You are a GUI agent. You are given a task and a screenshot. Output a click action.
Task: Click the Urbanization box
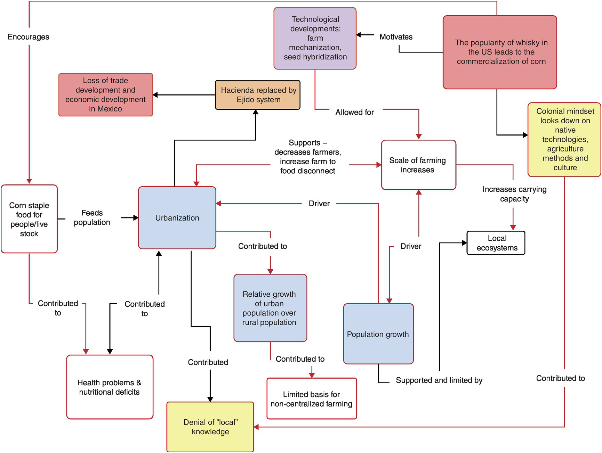pyautogui.click(x=177, y=218)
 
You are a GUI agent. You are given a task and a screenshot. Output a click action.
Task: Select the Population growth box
pyautogui.click(x=378, y=334)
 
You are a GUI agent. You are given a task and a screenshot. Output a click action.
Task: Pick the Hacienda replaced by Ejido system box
pyautogui.click(x=258, y=95)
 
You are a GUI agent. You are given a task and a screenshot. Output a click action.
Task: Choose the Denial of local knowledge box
pyautogui.click(x=210, y=427)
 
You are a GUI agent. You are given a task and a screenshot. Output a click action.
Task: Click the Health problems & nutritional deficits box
pyautogui.click(x=110, y=387)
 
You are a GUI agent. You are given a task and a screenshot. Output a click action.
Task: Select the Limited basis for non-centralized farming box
pyautogui.click(x=311, y=399)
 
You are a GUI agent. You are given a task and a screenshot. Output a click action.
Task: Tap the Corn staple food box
pyautogui.click(x=29, y=219)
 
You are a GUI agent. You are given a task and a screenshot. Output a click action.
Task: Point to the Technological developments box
pyautogui.click(x=315, y=38)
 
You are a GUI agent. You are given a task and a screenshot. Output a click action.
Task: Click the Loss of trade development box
pyautogui.click(x=105, y=94)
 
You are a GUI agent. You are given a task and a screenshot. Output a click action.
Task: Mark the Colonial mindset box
pyautogui.click(x=564, y=139)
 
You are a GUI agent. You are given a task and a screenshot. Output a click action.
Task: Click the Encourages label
pyautogui.click(x=29, y=37)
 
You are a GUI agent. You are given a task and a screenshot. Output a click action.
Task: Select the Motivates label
pyautogui.click(x=396, y=37)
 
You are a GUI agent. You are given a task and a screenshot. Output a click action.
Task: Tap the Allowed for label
pyautogui.click(x=354, y=112)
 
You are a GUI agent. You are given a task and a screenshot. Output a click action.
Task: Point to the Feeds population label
pyautogui.click(x=92, y=217)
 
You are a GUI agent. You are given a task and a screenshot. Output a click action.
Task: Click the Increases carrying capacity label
pyautogui.click(x=514, y=194)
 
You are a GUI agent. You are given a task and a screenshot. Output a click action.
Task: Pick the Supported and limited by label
pyautogui.click(x=439, y=380)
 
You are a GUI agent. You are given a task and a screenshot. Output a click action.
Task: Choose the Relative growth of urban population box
pyautogui.click(x=270, y=308)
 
